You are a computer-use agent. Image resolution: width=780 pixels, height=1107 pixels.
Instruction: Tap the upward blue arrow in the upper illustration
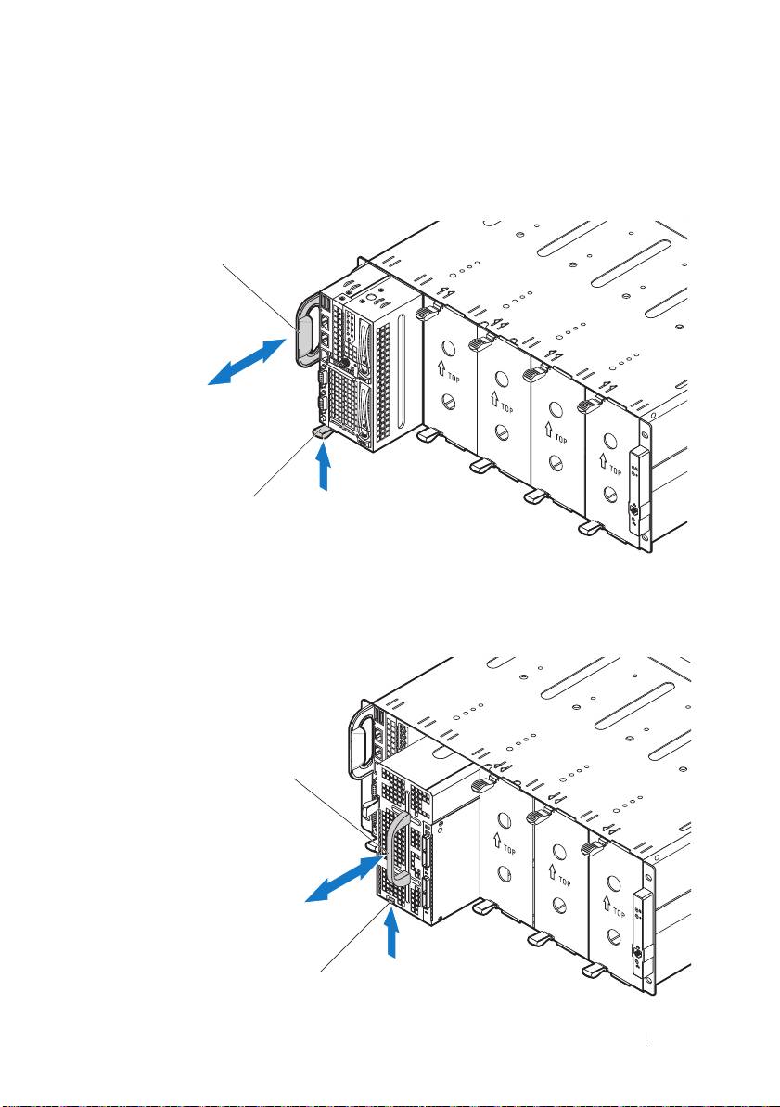[x=324, y=468]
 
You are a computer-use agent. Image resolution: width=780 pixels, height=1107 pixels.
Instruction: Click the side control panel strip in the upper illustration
[x=636, y=488]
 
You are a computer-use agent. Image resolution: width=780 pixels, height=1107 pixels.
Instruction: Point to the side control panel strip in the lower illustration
[x=637, y=928]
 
